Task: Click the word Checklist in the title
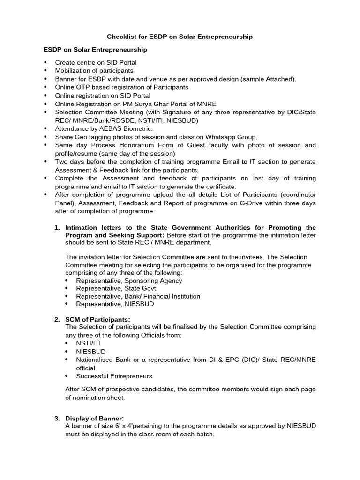click(x=121, y=37)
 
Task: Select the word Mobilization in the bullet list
click(x=73, y=70)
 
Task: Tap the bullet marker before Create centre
click(x=45, y=62)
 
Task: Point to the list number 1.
click(x=57, y=227)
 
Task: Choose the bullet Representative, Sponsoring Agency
click(x=129, y=281)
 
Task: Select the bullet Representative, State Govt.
click(x=117, y=288)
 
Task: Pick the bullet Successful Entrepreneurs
click(x=114, y=376)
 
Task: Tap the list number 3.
click(x=57, y=419)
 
